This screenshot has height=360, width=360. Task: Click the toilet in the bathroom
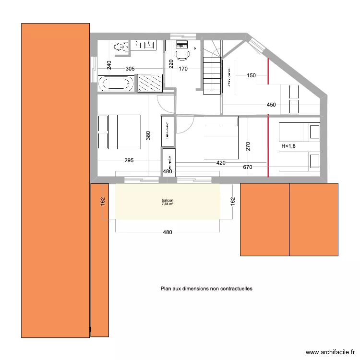(120, 46)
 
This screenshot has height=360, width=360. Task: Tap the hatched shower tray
(150, 83)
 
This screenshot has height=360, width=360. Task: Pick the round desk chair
(181, 54)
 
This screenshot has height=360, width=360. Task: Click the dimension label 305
(130, 69)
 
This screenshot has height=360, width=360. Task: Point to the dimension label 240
(109, 66)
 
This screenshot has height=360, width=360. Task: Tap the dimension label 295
(129, 161)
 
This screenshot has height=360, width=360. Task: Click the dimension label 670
(248, 168)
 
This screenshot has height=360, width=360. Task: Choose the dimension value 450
(271, 105)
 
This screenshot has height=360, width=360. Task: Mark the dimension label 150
(252, 75)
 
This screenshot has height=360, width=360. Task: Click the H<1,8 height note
(289, 146)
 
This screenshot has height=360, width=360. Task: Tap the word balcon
(168, 200)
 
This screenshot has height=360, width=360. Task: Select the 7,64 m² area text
(168, 204)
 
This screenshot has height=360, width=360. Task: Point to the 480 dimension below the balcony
(167, 232)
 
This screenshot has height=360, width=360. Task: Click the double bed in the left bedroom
(119, 132)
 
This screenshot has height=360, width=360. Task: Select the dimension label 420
(221, 163)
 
